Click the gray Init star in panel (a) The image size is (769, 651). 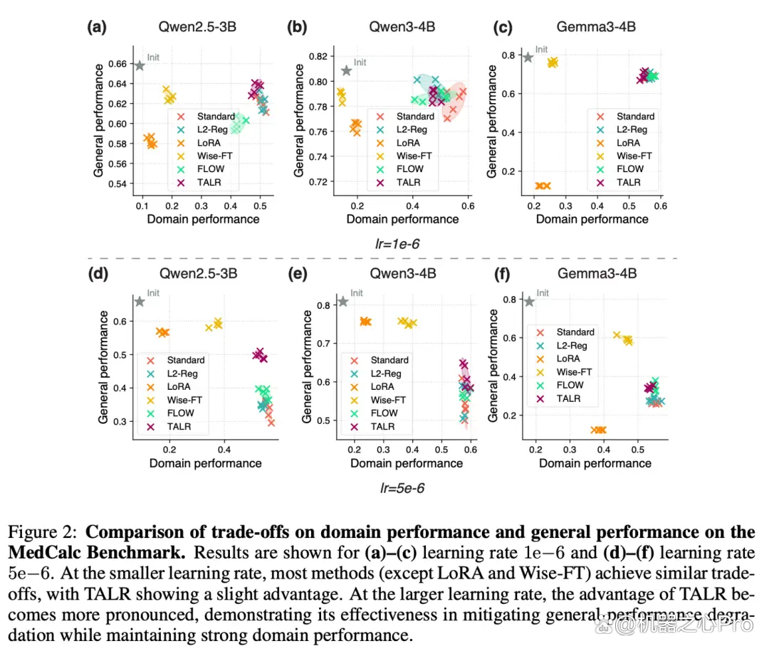[x=140, y=65]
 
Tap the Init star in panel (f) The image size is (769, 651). [x=529, y=302]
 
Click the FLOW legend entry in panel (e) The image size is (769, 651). [x=375, y=413]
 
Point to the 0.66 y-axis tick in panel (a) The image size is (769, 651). [x=117, y=64]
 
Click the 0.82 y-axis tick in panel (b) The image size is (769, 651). [x=318, y=56]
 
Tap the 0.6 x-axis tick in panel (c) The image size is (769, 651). [x=661, y=206]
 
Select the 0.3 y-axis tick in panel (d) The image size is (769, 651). [x=120, y=422]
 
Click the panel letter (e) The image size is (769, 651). [x=298, y=273]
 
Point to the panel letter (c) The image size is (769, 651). [x=503, y=27]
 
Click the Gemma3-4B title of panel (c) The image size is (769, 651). [x=596, y=26]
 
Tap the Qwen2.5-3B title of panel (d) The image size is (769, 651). [x=198, y=273]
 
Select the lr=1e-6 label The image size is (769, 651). [x=397, y=243]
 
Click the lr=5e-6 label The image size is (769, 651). [x=402, y=488]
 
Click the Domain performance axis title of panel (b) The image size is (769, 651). [x=402, y=219]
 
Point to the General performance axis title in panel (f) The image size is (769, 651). [x=493, y=365]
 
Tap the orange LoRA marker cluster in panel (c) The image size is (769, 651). [x=543, y=186]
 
